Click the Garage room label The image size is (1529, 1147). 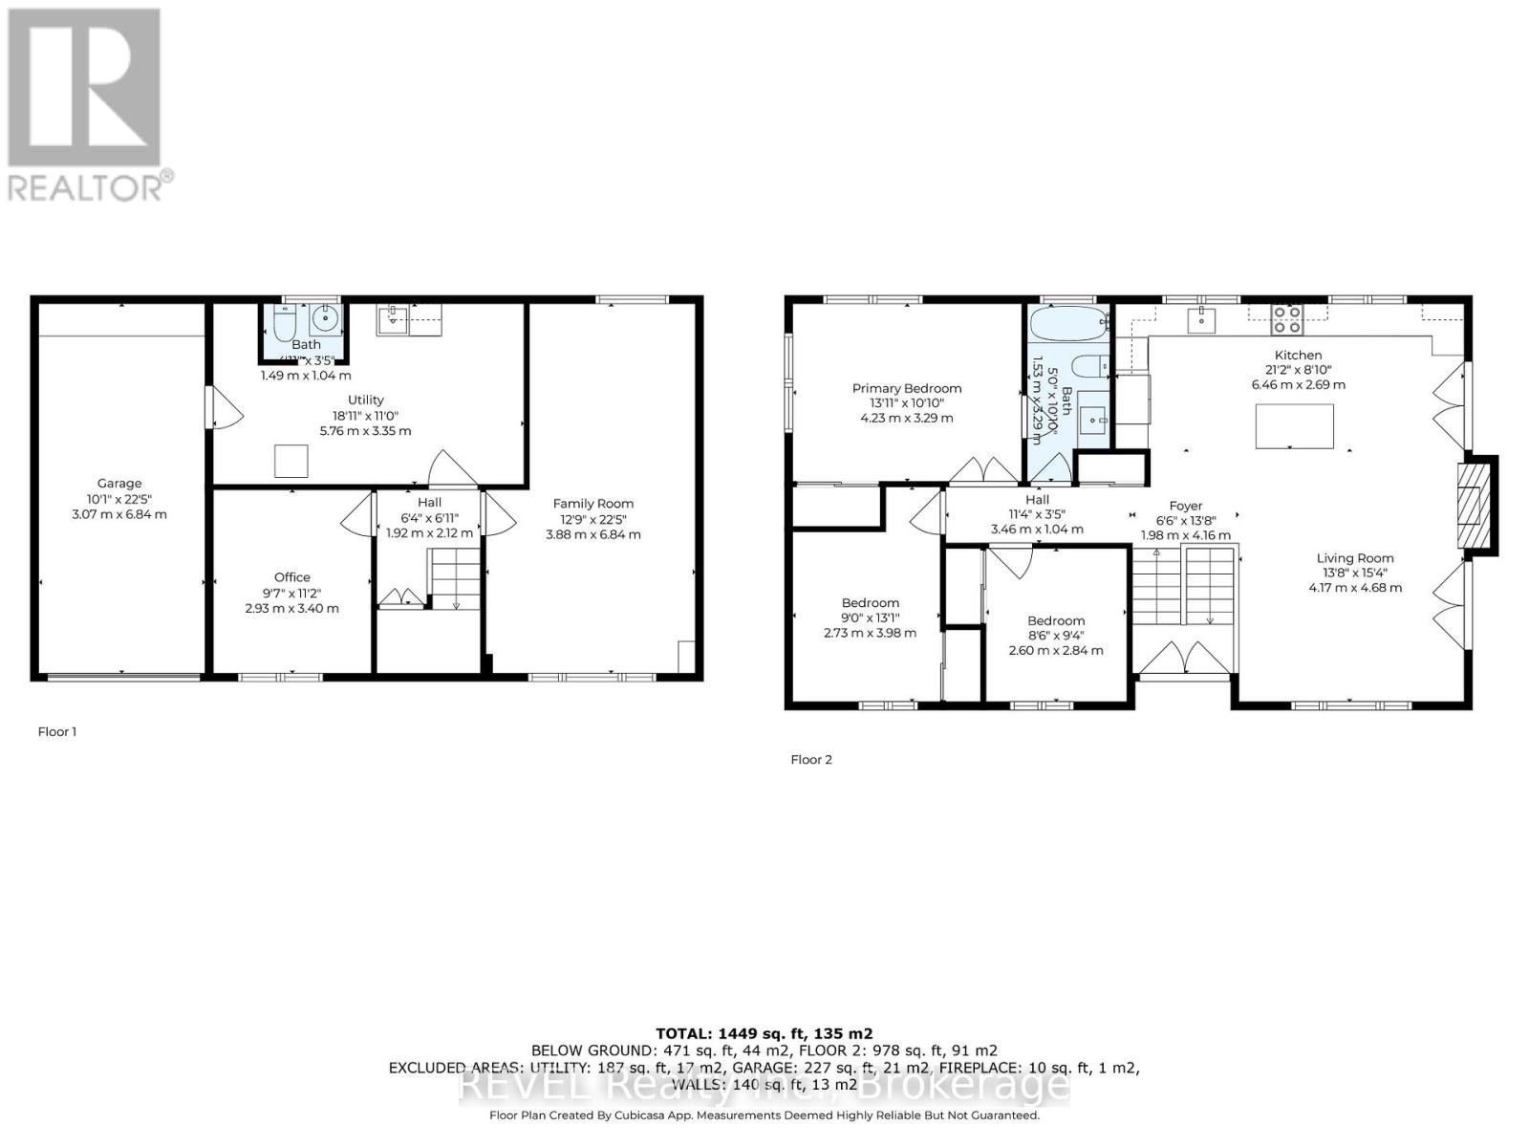118,484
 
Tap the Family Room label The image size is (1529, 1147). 592,504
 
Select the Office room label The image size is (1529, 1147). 291,577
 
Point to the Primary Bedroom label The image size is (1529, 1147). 906,388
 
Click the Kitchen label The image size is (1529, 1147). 1298,355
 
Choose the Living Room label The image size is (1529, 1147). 1354,558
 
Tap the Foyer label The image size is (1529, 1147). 1186,506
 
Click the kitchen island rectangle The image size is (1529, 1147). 1294,426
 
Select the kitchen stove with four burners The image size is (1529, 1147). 1286,318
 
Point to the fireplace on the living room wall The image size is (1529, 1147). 1474,505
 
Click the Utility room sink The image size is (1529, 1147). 393,320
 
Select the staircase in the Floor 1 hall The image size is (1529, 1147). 455,579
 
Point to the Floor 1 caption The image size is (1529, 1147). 56,731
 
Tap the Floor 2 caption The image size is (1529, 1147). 811,759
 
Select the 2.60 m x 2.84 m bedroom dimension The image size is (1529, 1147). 1055,650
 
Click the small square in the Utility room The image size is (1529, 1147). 291,462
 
